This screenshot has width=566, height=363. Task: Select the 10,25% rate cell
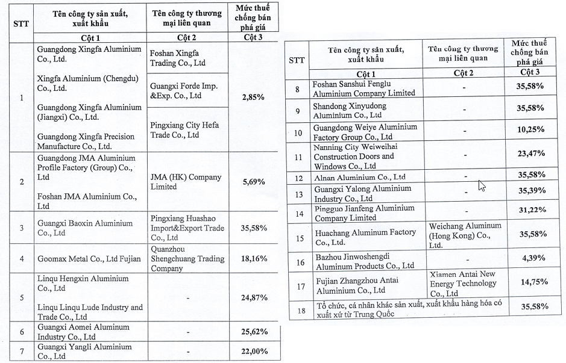click(x=530, y=129)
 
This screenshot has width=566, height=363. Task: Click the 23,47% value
click(x=530, y=154)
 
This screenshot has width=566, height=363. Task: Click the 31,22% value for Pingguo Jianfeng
click(x=530, y=209)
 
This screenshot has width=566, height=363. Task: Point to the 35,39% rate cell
click(x=530, y=190)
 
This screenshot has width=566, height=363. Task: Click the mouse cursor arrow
click(x=482, y=185)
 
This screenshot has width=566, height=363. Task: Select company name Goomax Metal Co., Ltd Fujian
click(x=89, y=259)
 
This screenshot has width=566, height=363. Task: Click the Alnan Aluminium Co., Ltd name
click(x=359, y=177)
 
